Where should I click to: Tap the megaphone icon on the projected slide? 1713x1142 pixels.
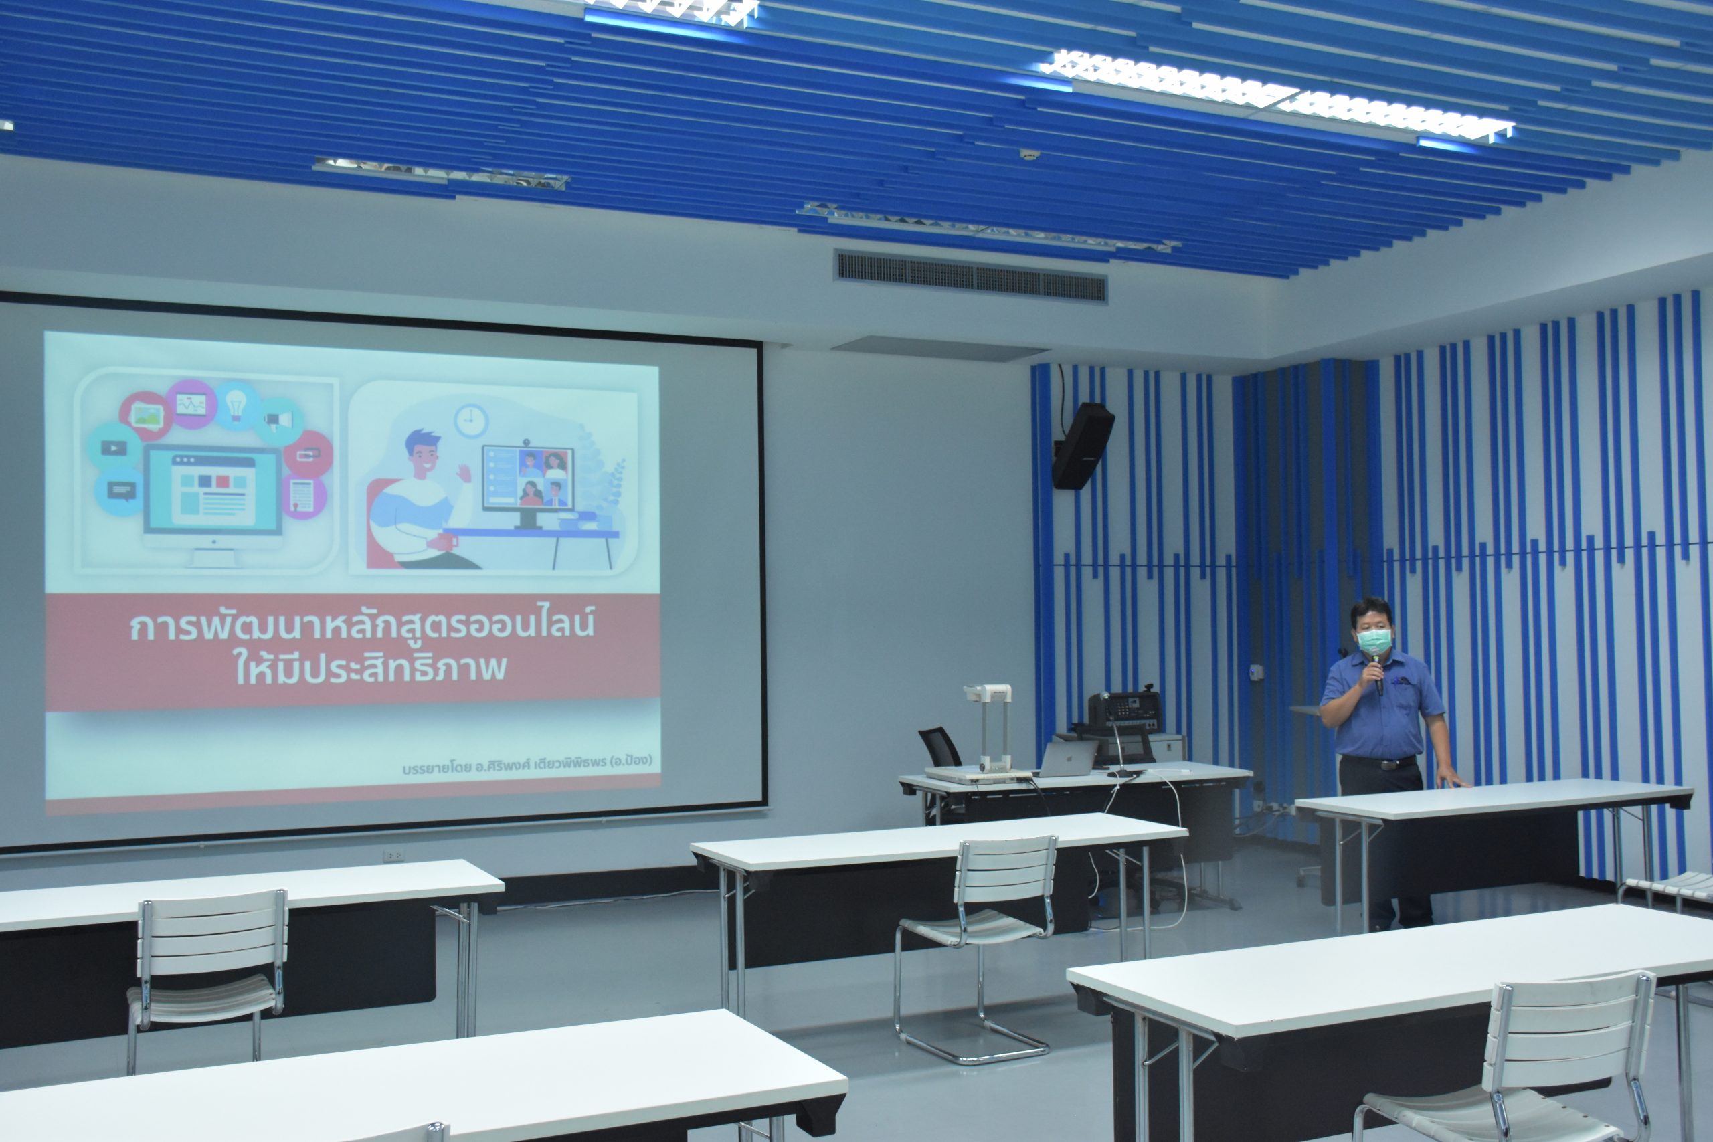279,421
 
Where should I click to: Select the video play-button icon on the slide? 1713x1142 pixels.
114,447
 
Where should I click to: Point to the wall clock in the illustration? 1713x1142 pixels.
471,421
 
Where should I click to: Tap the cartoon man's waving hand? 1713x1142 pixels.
464,473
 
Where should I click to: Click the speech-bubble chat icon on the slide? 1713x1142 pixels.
120,491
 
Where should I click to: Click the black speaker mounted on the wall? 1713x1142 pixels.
1081,445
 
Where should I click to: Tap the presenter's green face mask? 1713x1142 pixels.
1374,641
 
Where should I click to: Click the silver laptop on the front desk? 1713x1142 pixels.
1066,758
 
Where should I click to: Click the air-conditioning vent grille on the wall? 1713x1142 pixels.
970,277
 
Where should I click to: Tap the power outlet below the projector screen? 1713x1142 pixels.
394,856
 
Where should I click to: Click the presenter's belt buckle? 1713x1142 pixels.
1384,764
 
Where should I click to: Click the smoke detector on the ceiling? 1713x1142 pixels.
1029,155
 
